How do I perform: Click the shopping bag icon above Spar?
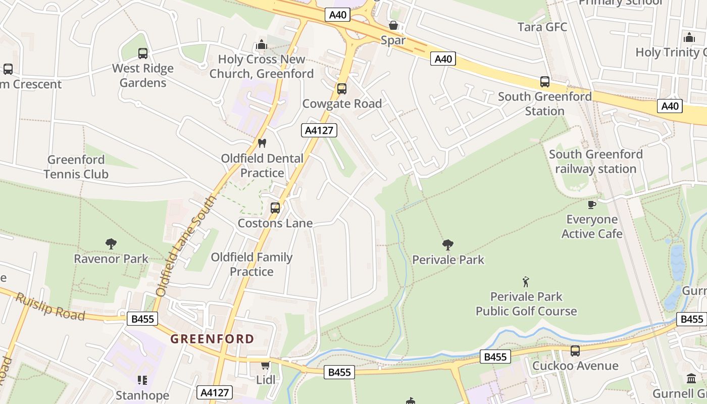tap(393, 25)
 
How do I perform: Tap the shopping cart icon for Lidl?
tap(265, 365)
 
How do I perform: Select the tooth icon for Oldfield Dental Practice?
tap(262, 143)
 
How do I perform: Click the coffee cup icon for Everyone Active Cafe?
tap(592, 205)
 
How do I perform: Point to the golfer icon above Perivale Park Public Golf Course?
tap(526, 282)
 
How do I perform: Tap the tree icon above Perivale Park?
tap(447, 245)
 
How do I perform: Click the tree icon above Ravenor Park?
tap(111, 244)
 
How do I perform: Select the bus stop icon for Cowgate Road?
tap(342, 89)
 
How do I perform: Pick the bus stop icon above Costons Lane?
tap(275, 208)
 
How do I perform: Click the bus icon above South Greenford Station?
tap(545, 81)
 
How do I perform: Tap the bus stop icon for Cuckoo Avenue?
tap(575, 351)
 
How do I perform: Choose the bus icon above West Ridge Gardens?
tap(143, 54)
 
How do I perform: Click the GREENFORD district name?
tap(212, 339)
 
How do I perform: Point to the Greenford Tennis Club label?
tap(76, 167)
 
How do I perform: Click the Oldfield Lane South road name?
tap(186, 246)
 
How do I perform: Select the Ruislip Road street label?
tap(50, 306)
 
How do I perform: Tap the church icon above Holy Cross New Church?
tap(262, 45)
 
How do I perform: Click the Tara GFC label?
tap(542, 27)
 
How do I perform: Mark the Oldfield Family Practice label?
tap(251, 264)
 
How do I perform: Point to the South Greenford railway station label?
tap(595, 161)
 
